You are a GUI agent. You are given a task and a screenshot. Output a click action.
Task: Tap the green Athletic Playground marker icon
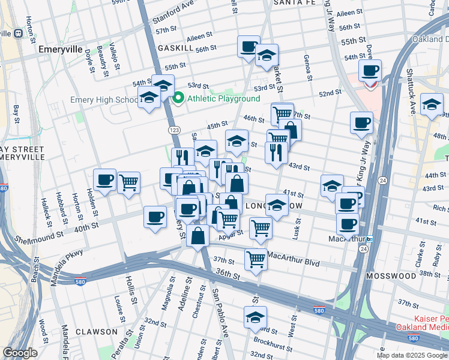pos(178,98)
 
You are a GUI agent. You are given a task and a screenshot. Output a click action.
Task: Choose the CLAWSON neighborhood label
pos(97,331)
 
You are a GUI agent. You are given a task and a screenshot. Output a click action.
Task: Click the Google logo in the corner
pos(20,353)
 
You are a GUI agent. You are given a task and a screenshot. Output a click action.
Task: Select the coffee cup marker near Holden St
pos(105,180)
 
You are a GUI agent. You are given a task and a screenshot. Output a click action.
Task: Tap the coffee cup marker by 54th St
pos(370,71)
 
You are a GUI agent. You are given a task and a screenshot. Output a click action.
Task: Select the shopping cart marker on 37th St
pos(256,260)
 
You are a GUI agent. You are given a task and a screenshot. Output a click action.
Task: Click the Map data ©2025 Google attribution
pos(412,355)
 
